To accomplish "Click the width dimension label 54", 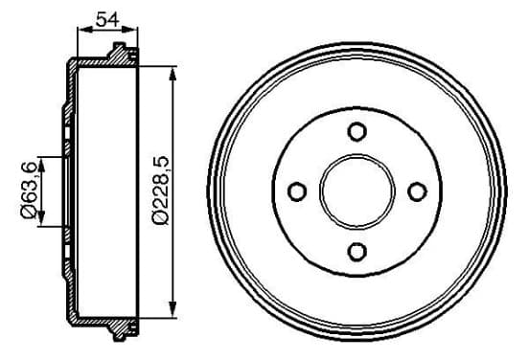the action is [x=107, y=19].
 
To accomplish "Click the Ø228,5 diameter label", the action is [x=160, y=191].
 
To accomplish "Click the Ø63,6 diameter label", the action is [x=29, y=190].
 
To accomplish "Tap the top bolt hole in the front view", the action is [x=356, y=131].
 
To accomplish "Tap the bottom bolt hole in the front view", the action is [x=356, y=252].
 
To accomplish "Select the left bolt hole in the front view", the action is [x=297, y=191].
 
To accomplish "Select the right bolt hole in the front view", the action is [x=417, y=191].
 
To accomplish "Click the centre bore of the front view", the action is [x=357, y=191].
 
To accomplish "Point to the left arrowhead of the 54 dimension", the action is [x=84, y=30].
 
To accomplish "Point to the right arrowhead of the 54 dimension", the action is [x=130, y=30].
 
